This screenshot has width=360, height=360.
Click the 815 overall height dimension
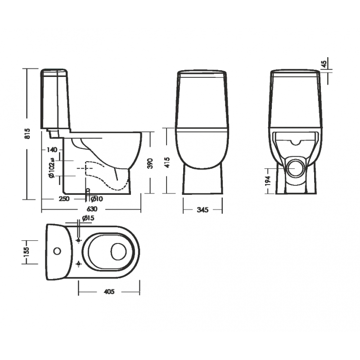click(x=27, y=133)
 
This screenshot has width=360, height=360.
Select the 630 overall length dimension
click(x=92, y=209)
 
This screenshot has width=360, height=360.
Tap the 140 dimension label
click(x=52, y=150)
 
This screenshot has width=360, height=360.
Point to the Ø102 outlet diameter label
click(x=51, y=167)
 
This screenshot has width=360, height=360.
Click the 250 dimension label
click(x=64, y=198)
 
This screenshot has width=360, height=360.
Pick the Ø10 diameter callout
click(x=97, y=199)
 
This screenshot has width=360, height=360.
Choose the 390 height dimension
click(x=150, y=163)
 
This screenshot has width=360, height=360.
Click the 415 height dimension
click(x=167, y=162)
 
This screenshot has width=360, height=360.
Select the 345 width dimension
click(x=202, y=210)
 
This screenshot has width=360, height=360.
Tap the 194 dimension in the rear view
click(x=268, y=180)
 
